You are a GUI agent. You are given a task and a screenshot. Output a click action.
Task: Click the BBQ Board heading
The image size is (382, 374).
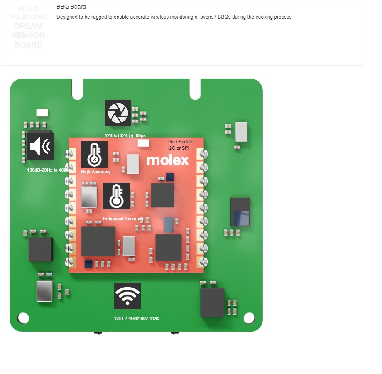coord(71,7)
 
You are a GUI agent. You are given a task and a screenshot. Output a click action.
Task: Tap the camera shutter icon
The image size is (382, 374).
coord(118,113)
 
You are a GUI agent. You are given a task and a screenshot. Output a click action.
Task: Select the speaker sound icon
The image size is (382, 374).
coord(40,146)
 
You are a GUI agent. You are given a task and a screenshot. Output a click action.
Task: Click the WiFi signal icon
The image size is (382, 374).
coord(127,296)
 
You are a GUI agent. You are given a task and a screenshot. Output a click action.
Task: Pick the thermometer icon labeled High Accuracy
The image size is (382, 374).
coord(94,155)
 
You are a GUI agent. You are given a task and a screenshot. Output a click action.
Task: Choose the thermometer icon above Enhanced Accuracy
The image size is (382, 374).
coord(116,196)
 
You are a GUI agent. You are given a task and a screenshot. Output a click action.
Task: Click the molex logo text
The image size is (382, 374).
coord(167,160)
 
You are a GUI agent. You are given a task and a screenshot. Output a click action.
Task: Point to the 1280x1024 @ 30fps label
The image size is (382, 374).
coord(125,135)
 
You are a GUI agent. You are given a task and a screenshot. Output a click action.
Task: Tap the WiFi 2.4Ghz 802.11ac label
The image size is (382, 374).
coord(137,318)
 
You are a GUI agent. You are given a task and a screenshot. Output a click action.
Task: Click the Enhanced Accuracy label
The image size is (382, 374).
coord(123,219)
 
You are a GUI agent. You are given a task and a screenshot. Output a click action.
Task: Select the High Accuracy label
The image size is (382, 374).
coord(96,172)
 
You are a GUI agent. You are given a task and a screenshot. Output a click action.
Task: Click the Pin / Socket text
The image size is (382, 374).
coord(180,142)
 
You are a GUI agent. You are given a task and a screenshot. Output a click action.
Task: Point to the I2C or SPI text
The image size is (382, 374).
coord(179,148)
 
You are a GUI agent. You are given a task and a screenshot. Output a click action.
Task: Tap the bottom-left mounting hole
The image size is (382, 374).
coord(24,318)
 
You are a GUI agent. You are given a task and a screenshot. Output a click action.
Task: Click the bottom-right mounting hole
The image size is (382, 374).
coord(249,318)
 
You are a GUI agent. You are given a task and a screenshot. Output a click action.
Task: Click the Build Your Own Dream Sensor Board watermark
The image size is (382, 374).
coord(28,27)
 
